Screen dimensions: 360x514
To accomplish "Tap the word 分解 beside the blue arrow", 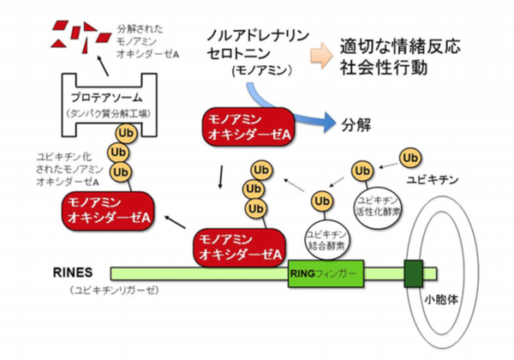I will click(x=356, y=124).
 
